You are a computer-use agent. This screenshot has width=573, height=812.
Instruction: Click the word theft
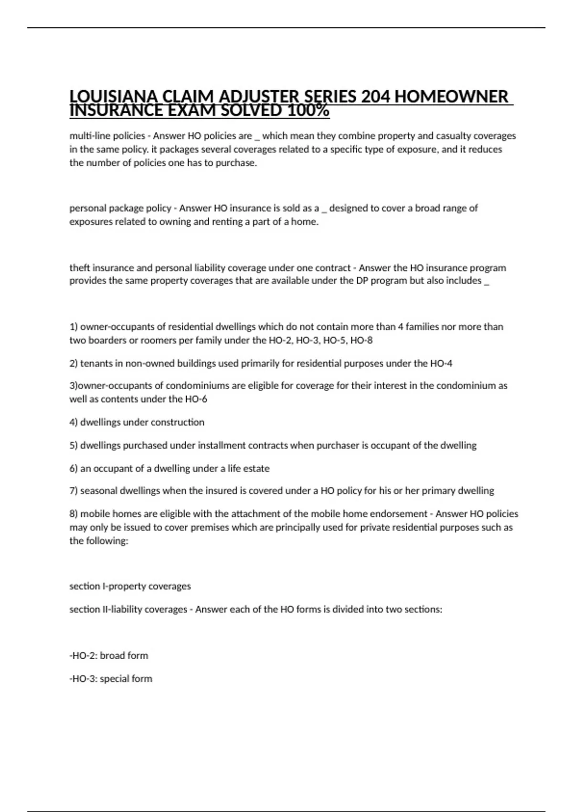[79, 267]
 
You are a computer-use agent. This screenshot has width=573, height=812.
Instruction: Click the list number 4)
[74, 422]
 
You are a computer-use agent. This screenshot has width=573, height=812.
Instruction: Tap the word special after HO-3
[114, 679]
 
